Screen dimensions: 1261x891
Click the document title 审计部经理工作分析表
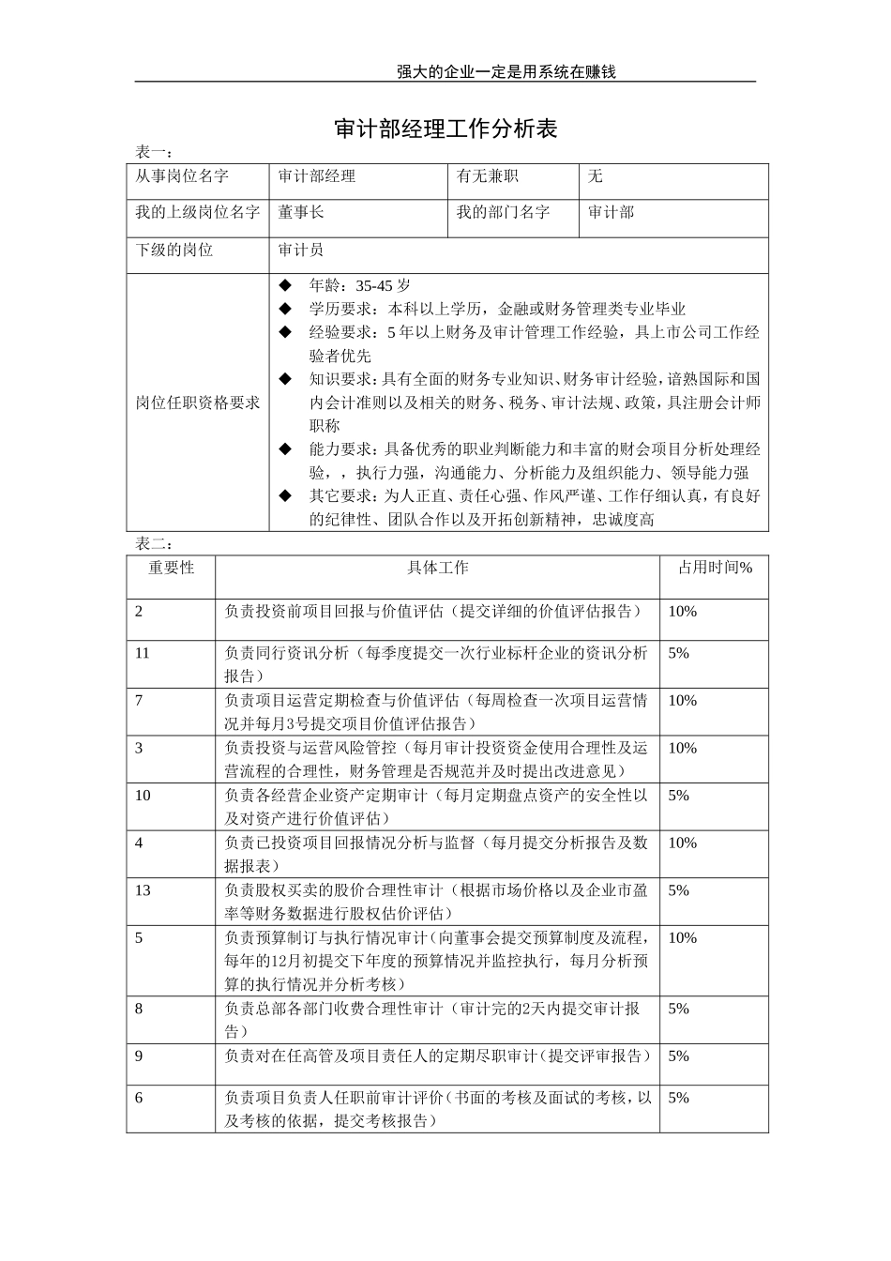click(445, 129)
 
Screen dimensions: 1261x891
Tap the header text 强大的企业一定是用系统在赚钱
click(506, 71)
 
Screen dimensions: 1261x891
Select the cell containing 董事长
click(301, 213)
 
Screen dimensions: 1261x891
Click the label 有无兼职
click(487, 176)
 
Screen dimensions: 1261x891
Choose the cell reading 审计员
click(301, 251)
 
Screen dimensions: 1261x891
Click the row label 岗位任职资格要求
click(197, 403)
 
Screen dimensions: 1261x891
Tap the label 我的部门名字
click(503, 213)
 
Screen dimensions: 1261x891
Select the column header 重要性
click(171, 568)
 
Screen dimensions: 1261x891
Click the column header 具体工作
click(437, 568)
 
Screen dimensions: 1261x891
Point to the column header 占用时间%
click(715, 568)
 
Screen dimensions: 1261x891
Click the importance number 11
click(143, 653)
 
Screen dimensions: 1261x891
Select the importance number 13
click(143, 890)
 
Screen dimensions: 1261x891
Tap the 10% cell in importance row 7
click(682, 701)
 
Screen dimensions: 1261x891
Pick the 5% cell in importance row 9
click(678, 1056)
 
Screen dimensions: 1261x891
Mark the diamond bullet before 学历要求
click(286, 309)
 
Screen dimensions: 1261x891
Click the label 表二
click(154, 544)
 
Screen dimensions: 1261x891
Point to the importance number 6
click(139, 1098)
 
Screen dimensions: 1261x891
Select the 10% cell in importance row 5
click(682, 938)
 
